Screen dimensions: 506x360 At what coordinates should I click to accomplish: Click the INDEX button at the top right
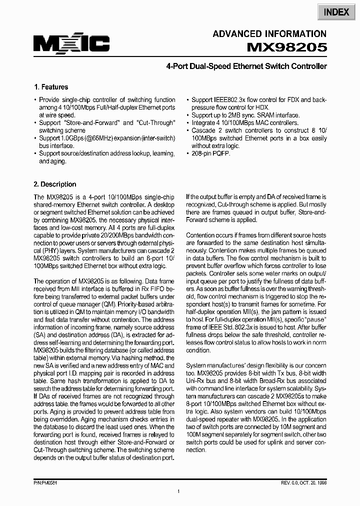(336, 12)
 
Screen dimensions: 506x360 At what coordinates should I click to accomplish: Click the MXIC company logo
(71, 43)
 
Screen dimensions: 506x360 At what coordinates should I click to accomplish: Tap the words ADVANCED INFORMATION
(269, 34)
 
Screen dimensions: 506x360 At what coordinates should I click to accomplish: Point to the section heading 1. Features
(50, 86)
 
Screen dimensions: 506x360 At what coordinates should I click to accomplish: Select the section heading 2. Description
(55, 184)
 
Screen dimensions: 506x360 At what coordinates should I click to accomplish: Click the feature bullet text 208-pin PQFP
(211, 153)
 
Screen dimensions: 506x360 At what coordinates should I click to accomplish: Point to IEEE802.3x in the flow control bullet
(233, 100)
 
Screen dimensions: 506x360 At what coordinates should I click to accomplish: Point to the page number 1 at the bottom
(178, 493)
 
